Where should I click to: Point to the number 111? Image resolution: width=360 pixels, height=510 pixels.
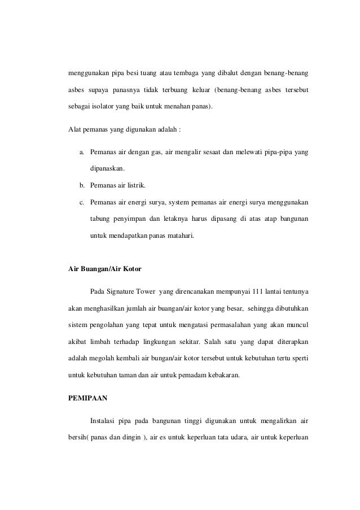tap(252, 293)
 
